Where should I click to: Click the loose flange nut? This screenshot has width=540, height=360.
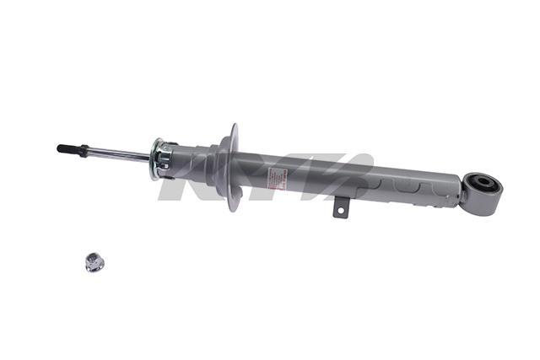[x=93, y=262]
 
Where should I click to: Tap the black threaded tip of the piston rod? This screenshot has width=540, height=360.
[x=63, y=148]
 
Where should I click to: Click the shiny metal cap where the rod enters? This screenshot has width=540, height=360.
[x=160, y=159]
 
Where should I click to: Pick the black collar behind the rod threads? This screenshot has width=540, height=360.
[x=83, y=150]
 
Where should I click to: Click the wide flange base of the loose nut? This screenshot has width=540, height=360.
[x=93, y=267]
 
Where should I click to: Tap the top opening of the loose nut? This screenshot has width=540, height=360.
[x=93, y=257]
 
